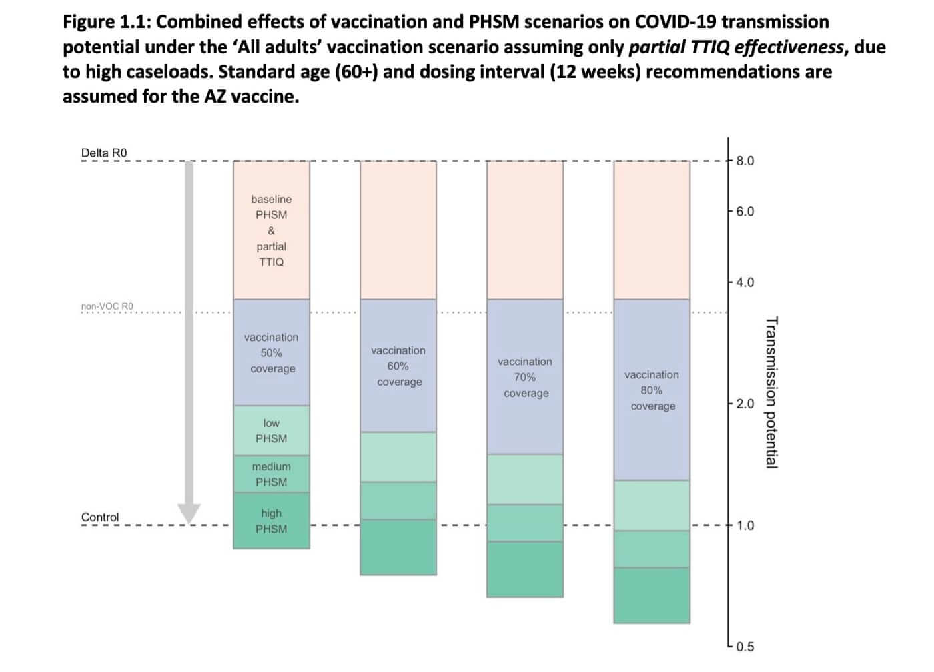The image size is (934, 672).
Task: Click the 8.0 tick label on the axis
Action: [745, 161]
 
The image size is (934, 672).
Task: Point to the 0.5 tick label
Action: [745, 647]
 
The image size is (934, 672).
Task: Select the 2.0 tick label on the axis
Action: [745, 404]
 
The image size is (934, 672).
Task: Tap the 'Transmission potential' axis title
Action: [771, 392]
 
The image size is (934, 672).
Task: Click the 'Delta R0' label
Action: [103, 153]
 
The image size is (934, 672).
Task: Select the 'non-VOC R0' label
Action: [107, 306]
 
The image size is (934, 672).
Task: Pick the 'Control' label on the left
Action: [100, 517]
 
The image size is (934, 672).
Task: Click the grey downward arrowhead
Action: [189, 513]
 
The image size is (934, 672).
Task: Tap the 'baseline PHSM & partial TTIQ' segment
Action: [272, 230]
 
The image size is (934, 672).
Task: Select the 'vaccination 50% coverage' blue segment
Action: [272, 352]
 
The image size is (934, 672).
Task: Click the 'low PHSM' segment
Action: [272, 431]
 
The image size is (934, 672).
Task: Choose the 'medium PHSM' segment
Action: [272, 474]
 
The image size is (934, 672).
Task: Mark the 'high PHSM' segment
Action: [272, 521]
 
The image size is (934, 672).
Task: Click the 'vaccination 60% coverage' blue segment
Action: [398, 366]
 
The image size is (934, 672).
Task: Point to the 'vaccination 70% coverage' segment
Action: [525, 377]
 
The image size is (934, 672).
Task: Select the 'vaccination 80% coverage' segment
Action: [652, 390]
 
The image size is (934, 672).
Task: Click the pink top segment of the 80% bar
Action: [652, 230]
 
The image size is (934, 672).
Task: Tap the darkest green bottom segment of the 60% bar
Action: [398, 547]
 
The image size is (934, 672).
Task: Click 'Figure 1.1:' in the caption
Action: [107, 22]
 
